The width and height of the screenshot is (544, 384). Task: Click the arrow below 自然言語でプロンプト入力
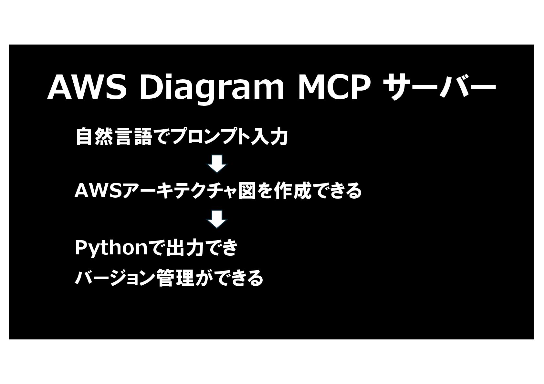(x=217, y=164)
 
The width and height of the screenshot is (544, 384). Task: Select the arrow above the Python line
(x=217, y=219)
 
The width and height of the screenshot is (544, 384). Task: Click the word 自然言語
(x=113, y=137)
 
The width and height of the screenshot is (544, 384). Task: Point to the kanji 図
(x=247, y=191)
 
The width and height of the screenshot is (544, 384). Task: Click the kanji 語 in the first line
(x=142, y=137)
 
